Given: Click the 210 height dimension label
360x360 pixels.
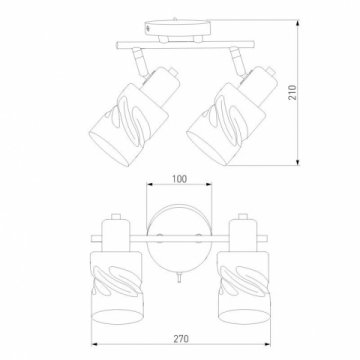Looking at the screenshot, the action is point(292,92).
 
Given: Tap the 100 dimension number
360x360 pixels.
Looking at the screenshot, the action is point(179,179).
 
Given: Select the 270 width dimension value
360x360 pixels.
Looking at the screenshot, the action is point(181,339).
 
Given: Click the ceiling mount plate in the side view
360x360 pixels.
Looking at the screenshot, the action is point(178,28).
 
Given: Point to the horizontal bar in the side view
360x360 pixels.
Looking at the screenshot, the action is point(185,45).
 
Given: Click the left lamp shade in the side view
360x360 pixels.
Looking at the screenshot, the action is point(129,125).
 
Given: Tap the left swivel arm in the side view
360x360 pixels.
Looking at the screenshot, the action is point(138,62).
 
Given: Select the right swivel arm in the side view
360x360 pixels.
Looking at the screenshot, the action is point(237,61).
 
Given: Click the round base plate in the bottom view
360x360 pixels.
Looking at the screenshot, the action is point(179,239).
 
